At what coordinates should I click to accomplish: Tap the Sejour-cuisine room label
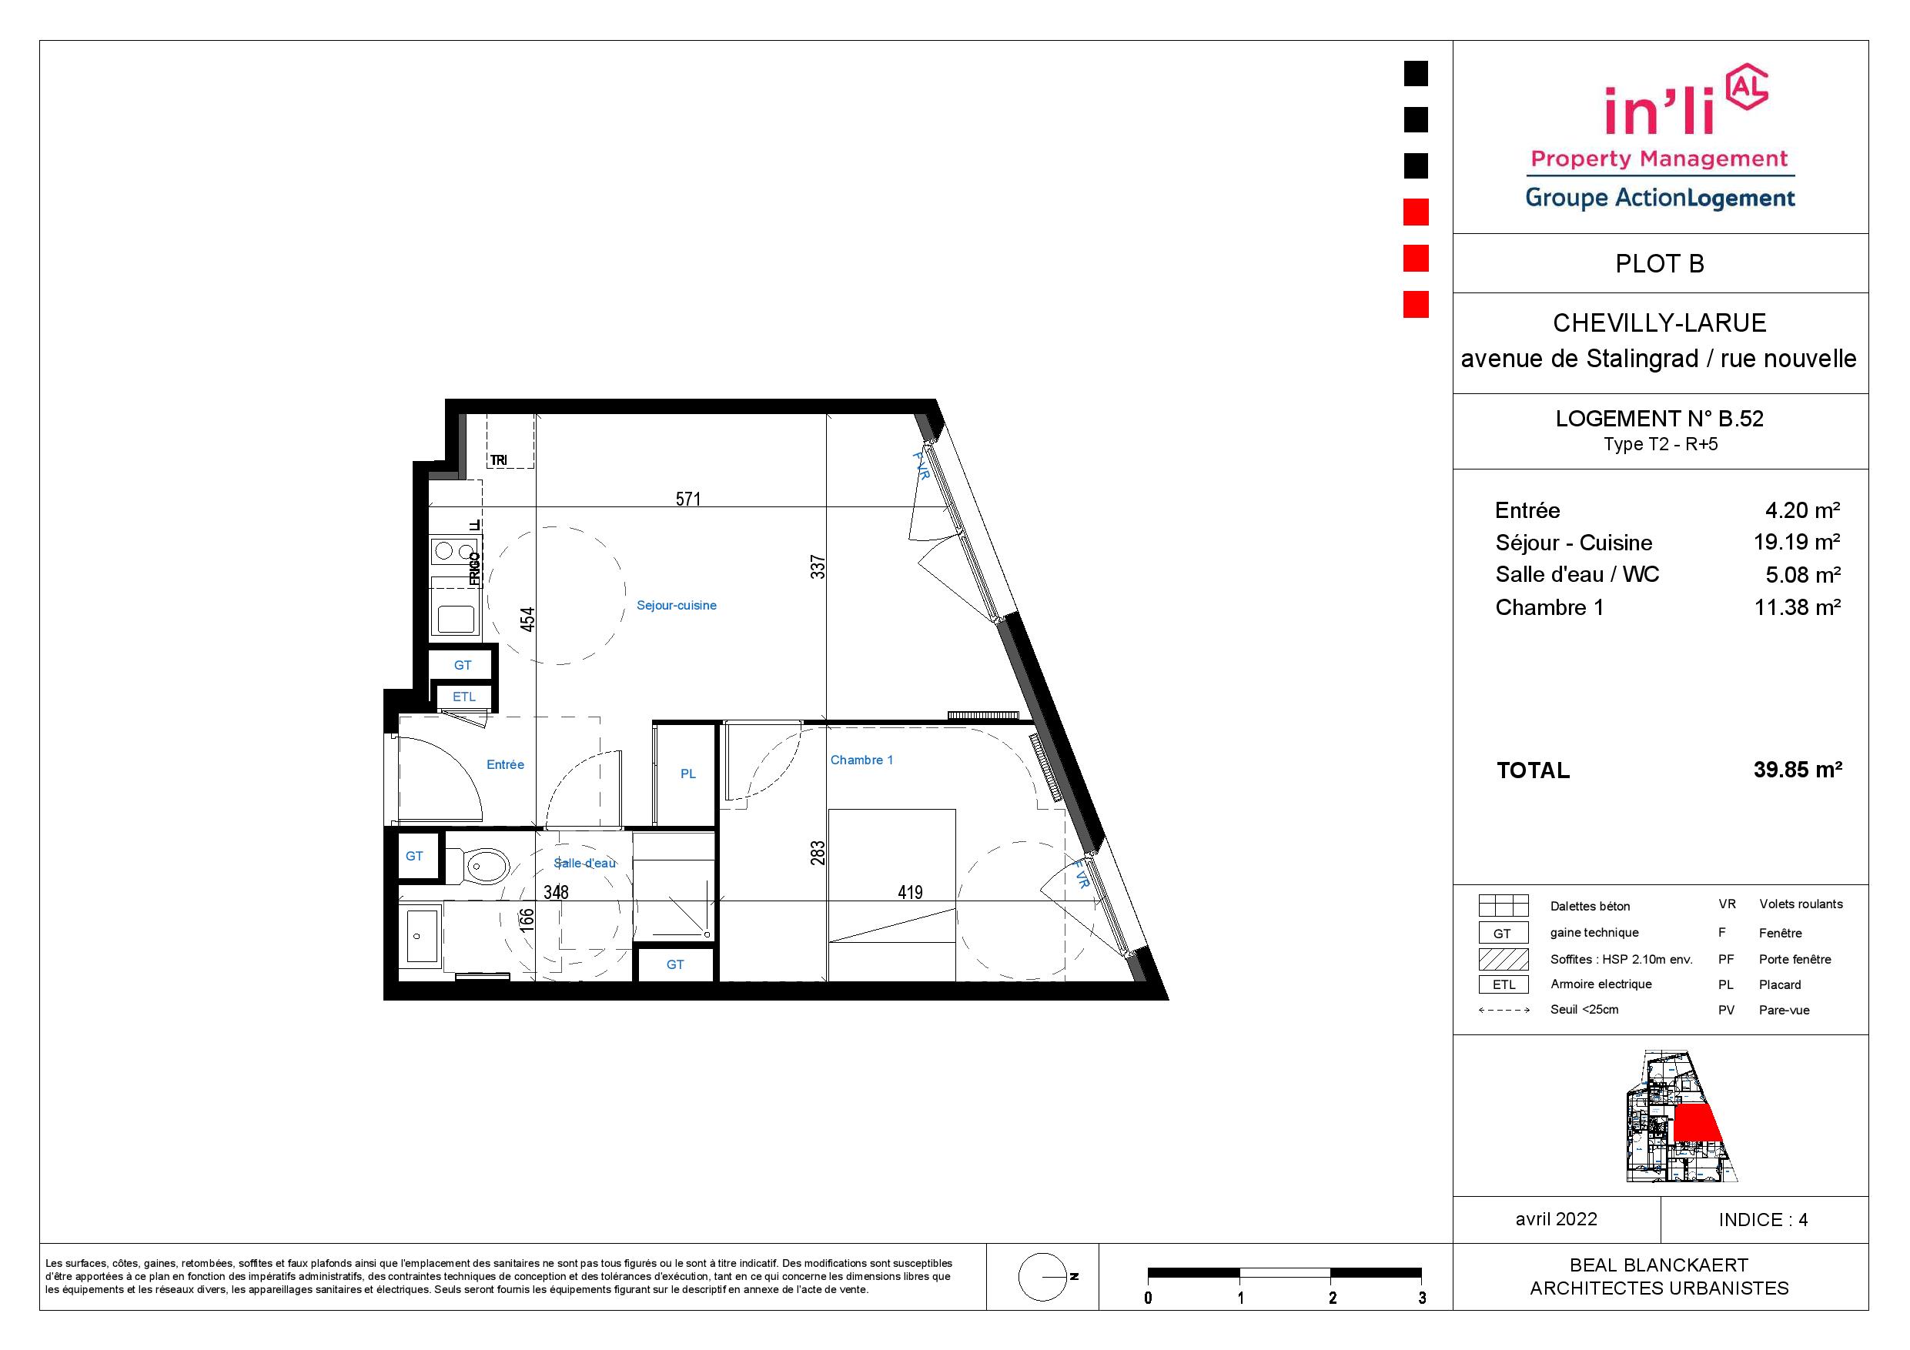(x=677, y=606)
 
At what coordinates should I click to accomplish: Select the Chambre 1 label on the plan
(x=861, y=760)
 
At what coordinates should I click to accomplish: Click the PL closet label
(x=688, y=774)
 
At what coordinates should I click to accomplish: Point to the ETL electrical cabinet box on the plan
(x=464, y=697)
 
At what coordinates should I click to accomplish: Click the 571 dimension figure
(x=688, y=499)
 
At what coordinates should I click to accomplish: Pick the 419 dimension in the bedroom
(x=910, y=893)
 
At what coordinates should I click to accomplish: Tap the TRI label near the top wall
(x=498, y=460)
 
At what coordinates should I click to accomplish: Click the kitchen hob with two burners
(x=454, y=550)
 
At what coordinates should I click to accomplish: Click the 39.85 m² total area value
(x=1798, y=770)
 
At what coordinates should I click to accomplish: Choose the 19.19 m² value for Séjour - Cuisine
(x=1797, y=543)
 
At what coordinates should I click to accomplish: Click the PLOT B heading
(x=1660, y=264)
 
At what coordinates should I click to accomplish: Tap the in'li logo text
(x=1660, y=111)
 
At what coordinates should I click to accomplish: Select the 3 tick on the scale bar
(x=1423, y=1298)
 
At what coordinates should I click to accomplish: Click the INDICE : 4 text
(x=1764, y=1220)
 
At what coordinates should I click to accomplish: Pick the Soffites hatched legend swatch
(x=1504, y=959)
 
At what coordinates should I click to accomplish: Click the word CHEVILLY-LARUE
(x=1660, y=322)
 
